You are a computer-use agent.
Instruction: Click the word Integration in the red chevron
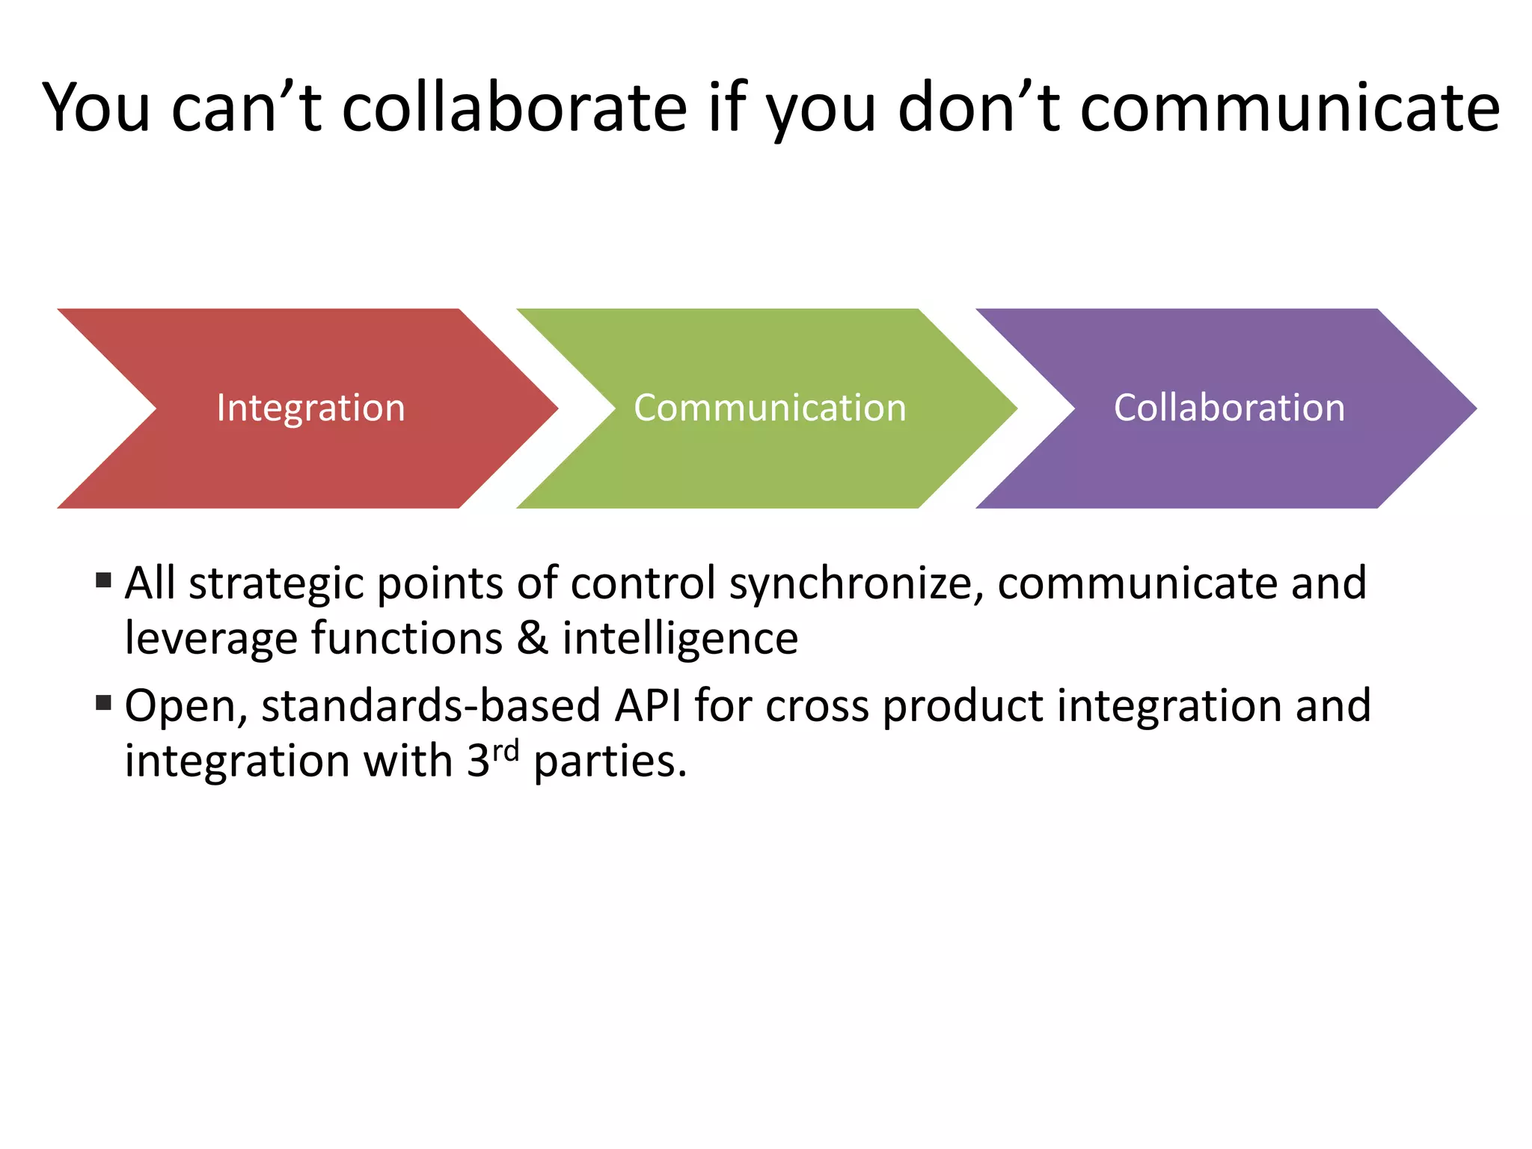pos(310,408)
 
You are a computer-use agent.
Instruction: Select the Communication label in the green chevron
pos(770,408)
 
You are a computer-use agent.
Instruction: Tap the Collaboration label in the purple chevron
pos(1229,408)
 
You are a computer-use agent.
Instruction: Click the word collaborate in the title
pos(515,108)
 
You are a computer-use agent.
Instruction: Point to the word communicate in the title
pos(1290,108)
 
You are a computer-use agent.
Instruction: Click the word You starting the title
pos(96,108)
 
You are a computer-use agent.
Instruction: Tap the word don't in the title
pos(978,108)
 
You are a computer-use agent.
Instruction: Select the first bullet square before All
pos(104,580)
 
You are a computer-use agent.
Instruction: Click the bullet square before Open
pos(104,702)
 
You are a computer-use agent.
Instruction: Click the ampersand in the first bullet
pos(532,639)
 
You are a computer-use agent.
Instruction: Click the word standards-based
pos(431,705)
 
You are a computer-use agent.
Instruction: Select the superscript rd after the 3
pos(506,750)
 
